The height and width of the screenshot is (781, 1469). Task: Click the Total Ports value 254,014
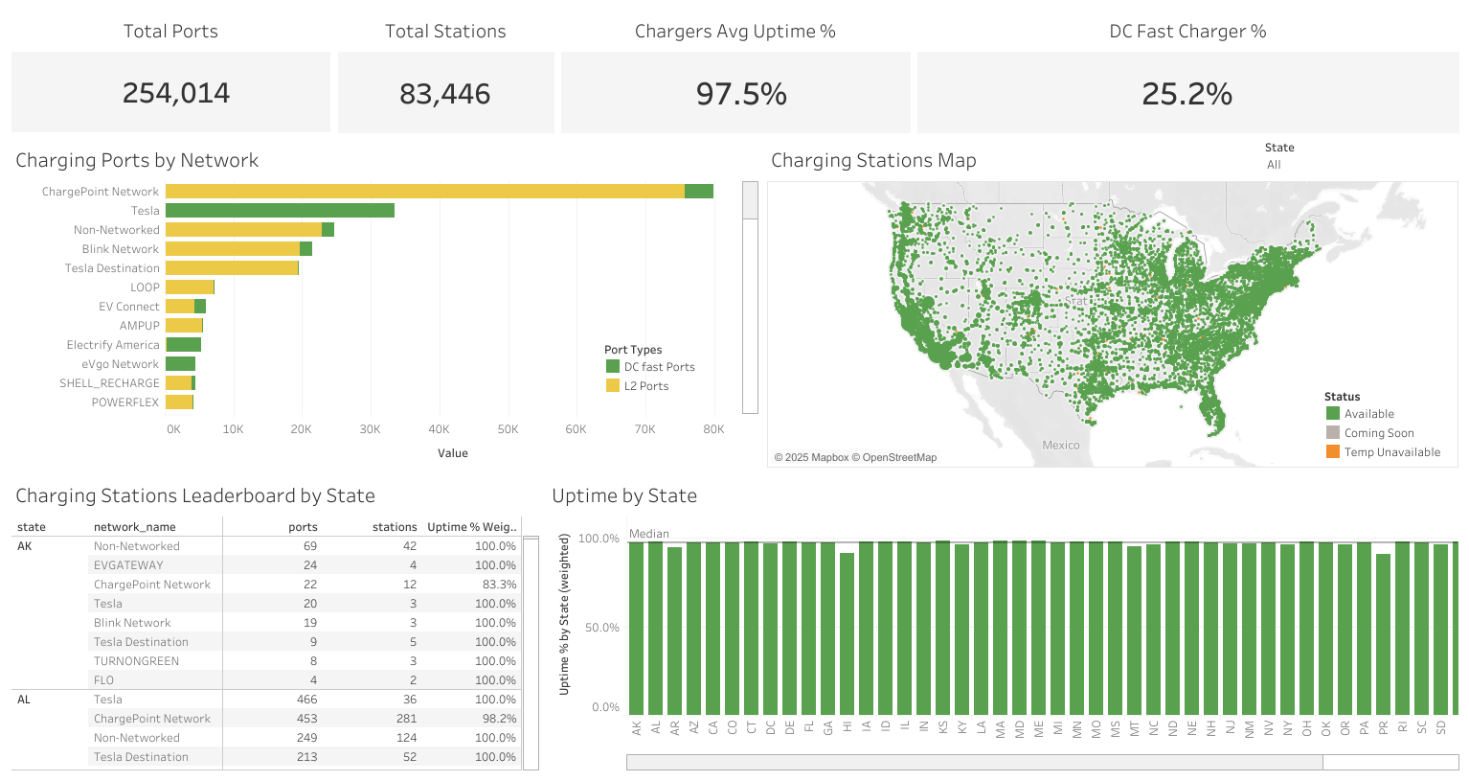coord(176,93)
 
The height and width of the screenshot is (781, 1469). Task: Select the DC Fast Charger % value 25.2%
coord(1186,94)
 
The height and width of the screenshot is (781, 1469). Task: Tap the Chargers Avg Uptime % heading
coord(734,32)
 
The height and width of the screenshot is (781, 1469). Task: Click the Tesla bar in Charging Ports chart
coord(280,211)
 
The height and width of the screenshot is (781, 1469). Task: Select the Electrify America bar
coord(183,345)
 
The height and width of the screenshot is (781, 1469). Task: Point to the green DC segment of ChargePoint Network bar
coord(699,192)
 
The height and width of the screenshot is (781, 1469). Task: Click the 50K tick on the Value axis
coord(508,429)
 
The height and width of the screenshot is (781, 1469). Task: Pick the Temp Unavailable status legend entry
coord(1391,452)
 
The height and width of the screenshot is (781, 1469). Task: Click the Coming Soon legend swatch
coord(1333,433)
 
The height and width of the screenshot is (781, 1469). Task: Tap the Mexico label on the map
coord(1060,446)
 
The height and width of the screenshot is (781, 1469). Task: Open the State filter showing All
coord(1274,165)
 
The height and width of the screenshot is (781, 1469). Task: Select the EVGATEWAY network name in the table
coord(128,565)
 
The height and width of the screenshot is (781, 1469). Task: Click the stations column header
coord(395,527)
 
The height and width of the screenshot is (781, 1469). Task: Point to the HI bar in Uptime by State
coord(847,632)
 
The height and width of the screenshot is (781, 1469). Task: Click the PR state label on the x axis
coord(1383,728)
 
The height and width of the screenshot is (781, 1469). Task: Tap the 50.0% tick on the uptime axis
coord(599,628)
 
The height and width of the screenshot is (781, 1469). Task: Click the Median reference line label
coord(649,534)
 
